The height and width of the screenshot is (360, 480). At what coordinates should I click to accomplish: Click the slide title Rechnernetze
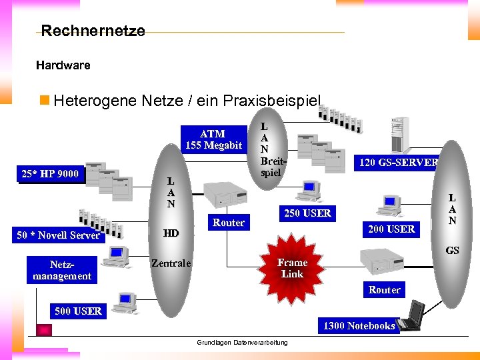93,31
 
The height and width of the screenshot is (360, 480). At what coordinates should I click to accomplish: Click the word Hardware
63,65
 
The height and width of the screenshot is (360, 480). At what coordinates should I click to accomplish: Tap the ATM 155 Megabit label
213,139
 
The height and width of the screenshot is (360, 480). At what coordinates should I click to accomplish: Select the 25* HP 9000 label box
49,174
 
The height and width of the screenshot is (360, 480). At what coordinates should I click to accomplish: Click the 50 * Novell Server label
58,235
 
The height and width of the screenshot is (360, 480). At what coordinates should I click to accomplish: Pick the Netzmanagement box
62,270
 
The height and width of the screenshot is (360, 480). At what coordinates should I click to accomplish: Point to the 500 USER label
78,311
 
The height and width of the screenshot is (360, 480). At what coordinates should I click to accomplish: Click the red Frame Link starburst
292,268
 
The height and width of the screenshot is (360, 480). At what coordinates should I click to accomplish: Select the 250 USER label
307,213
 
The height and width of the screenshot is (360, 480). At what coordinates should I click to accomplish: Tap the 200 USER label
391,229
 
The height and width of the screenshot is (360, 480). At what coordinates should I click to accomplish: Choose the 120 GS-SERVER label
398,162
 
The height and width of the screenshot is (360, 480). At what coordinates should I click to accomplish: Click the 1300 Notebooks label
359,325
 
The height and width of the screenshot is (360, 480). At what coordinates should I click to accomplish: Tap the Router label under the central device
229,222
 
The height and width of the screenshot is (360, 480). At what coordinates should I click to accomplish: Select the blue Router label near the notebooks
385,289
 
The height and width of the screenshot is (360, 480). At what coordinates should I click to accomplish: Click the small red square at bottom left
44,330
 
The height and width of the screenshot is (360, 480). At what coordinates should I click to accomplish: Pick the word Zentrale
171,263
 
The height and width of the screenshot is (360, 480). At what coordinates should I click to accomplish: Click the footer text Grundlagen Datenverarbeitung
242,342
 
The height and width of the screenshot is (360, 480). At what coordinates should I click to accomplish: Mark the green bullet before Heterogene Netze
45,101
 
